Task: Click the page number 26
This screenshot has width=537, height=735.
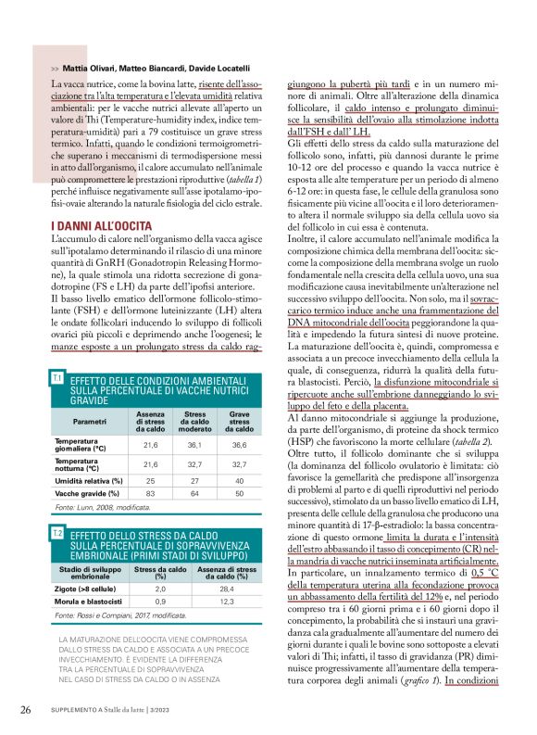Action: (27, 710)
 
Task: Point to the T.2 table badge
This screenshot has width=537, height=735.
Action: (57, 535)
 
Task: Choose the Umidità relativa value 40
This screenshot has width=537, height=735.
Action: (239, 480)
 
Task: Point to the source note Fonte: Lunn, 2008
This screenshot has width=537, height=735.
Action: (102, 509)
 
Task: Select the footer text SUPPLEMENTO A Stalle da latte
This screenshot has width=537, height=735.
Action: (116, 710)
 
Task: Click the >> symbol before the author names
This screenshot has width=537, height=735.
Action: (56, 69)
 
